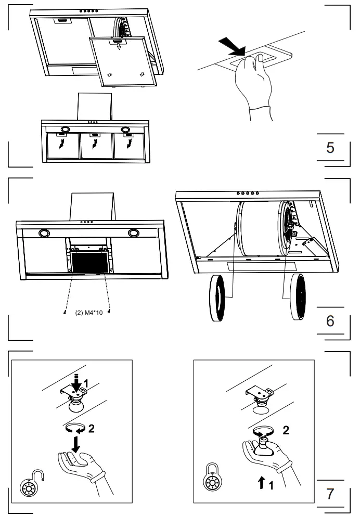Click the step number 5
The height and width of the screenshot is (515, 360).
pos(330,147)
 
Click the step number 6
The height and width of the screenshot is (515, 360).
pos(330,320)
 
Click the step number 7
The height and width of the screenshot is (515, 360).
pos(330,493)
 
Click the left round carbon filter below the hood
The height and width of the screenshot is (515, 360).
pos(218,297)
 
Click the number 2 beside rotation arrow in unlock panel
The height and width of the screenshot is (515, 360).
pos(91,429)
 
